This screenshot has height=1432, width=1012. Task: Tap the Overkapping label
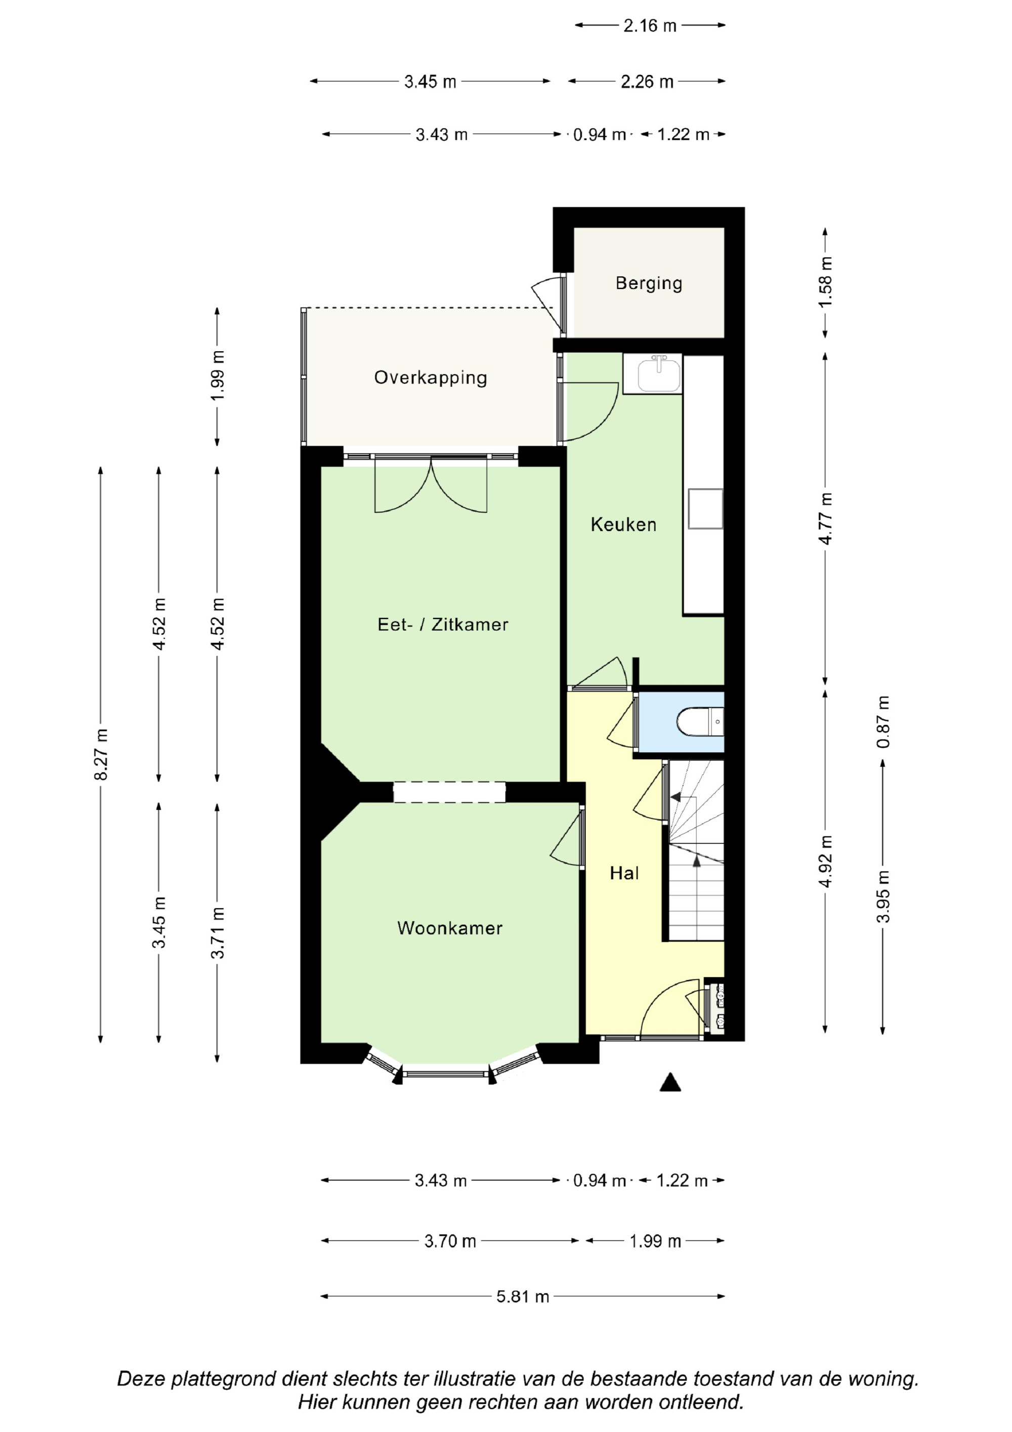click(430, 378)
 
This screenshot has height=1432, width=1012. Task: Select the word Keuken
click(623, 524)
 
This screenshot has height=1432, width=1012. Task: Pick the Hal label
click(624, 873)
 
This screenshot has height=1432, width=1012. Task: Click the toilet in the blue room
click(700, 722)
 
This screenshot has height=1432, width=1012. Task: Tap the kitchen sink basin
click(659, 374)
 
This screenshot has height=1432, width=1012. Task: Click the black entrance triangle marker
click(670, 1083)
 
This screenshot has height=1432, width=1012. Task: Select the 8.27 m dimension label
click(101, 754)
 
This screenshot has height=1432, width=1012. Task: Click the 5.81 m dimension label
click(523, 1297)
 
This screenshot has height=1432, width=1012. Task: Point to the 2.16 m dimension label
click(650, 26)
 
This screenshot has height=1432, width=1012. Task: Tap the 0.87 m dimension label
click(883, 722)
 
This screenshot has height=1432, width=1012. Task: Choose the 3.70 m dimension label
click(450, 1241)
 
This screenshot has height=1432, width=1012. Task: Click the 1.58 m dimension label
click(826, 282)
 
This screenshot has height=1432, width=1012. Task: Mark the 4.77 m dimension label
click(826, 518)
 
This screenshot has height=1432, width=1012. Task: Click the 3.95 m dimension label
click(883, 896)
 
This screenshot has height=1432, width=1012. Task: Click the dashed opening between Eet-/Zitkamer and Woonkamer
click(449, 792)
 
